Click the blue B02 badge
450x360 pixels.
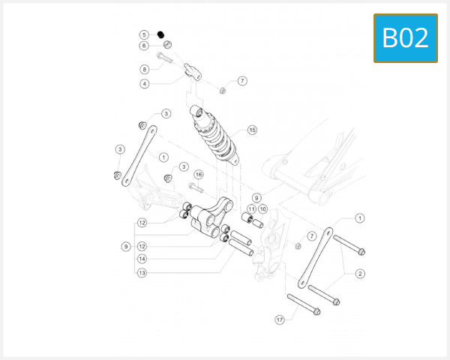(405, 37)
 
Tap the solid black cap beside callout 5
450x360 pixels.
(160, 34)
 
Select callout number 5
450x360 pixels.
(144, 34)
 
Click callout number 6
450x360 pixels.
(144, 46)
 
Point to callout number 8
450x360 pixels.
(144, 69)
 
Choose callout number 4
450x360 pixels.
(144, 84)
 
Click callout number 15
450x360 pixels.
(252, 130)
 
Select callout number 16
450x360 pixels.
(199, 174)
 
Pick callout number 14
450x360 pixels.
(141, 259)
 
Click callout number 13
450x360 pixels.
(141, 273)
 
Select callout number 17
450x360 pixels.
(280, 319)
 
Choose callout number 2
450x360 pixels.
(360, 274)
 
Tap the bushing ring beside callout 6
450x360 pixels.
(166, 44)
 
